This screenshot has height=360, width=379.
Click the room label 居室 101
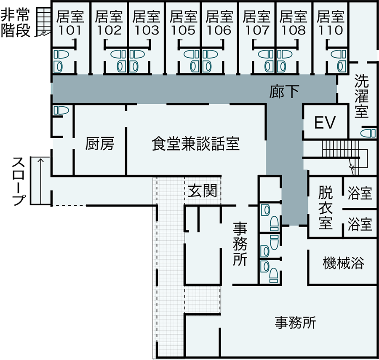[x=70, y=23]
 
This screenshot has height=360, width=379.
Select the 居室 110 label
[x=331, y=23]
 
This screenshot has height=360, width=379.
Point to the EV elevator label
[x=325, y=123]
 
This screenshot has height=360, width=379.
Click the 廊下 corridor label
[x=284, y=92]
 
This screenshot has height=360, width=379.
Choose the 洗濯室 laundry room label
[x=361, y=96]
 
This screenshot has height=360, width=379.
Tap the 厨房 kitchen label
[x=99, y=144]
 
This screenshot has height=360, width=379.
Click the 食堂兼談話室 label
[x=195, y=144]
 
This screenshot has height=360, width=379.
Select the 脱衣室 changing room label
[x=326, y=208]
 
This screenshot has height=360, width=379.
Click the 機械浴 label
[x=343, y=263]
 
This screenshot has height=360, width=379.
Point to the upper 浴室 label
[x=360, y=194]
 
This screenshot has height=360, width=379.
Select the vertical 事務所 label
[x=240, y=244]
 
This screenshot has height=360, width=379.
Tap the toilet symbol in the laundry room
[x=368, y=133]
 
